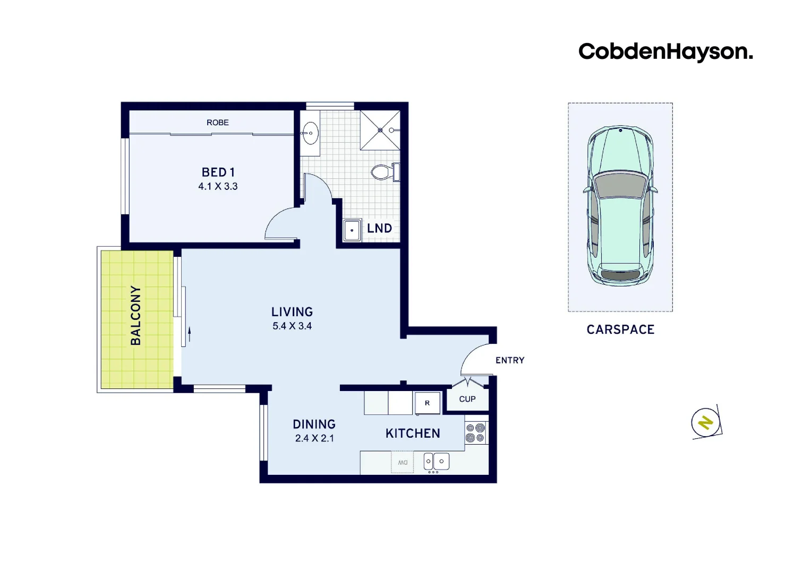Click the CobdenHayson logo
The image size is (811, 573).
tap(665, 52)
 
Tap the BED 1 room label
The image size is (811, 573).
tap(218, 172)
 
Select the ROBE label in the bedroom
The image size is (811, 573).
tap(218, 123)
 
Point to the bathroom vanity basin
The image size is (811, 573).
tap(310, 133)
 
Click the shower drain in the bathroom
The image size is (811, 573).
tap(380, 130)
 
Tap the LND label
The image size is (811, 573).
tap(379, 229)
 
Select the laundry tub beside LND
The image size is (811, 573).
tap(352, 230)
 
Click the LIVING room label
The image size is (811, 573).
tap(292, 312)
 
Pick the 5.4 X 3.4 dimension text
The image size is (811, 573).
tap(292, 326)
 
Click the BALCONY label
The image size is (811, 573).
tap(136, 315)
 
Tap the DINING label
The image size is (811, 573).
tap(314, 424)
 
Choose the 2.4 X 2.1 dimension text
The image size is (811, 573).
tap(314, 439)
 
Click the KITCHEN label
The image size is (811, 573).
tap(413, 433)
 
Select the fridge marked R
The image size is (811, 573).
tap(427, 403)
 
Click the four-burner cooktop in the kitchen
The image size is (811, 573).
tap(475, 432)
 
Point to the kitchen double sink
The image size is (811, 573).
tap(436, 462)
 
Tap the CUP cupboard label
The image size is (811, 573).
tap(467, 399)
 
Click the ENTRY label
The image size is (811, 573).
tap(510, 360)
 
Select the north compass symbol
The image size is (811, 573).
tap(706, 423)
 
